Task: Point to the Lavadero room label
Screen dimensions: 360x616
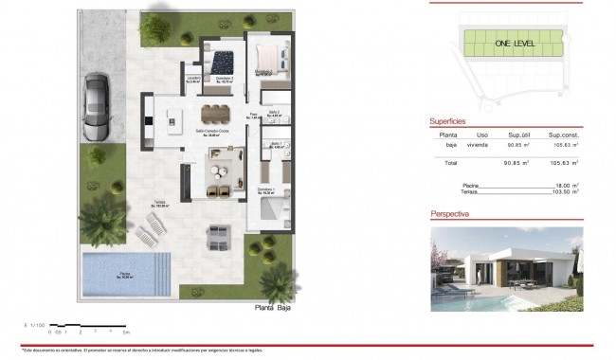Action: click(193, 80)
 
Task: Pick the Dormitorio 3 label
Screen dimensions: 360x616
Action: click(225, 80)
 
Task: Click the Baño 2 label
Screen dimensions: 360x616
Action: click(273, 113)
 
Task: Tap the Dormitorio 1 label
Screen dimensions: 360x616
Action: click(267, 191)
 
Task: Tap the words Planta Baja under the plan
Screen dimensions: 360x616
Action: click(277, 310)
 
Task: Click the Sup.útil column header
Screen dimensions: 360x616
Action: click(517, 135)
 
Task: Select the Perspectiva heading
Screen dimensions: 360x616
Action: click(450, 215)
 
